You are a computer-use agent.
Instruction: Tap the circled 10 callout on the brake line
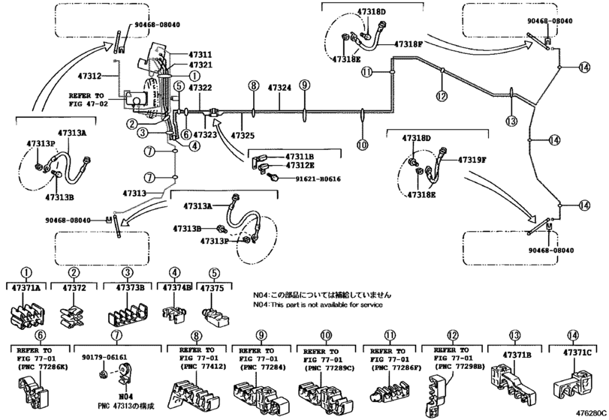coord(363,145)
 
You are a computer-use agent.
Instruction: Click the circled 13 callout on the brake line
coord(511,120)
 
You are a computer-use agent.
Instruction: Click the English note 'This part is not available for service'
coord(318,305)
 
